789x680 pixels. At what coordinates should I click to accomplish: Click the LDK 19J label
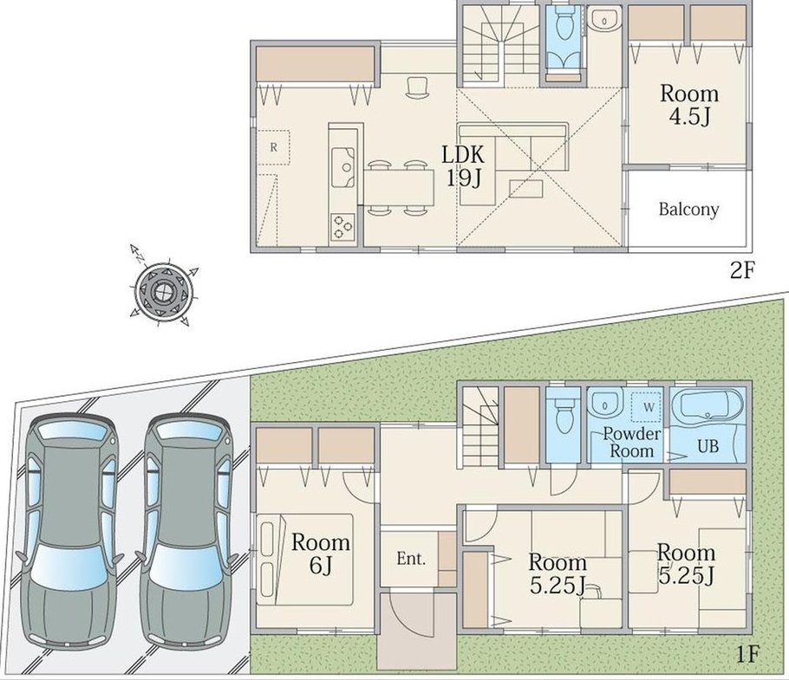point(463,165)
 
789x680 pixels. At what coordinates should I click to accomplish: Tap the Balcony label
point(689,209)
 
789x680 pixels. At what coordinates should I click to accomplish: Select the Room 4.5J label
point(689,105)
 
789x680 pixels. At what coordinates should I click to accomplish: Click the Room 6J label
point(321,554)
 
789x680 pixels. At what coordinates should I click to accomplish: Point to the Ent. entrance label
point(411,559)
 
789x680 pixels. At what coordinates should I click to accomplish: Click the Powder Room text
point(631,443)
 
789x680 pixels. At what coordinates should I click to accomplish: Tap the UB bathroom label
point(707,446)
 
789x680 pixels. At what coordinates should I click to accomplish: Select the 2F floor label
point(742,271)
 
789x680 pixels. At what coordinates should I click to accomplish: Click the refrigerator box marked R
point(274,147)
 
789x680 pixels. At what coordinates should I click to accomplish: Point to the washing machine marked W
point(647,406)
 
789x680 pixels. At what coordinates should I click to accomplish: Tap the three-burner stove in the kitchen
point(343,226)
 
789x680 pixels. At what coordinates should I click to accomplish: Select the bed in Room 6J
point(304,559)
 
